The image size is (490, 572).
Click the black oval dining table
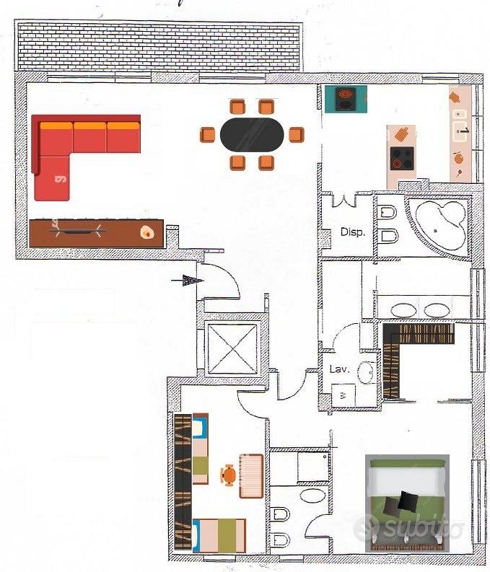[x=252, y=135]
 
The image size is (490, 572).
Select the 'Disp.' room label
[x=352, y=232]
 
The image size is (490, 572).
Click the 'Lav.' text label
[x=339, y=369]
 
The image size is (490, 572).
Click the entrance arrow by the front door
[x=188, y=280]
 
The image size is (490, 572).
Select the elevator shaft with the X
[x=232, y=348]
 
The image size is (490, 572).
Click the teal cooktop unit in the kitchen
[x=346, y=99]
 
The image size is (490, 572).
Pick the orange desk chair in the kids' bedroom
[x=229, y=475]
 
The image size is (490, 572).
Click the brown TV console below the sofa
[x=97, y=234]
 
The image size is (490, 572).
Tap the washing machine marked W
[x=344, y=395]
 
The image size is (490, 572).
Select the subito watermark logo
[x=408, y=527]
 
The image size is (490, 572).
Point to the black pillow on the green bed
[x=408, y=501]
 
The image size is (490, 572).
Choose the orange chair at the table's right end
[x=296, y=135]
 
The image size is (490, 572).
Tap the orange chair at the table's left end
[x=208, y=135]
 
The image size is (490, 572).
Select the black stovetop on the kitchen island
[x=402, y=159]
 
